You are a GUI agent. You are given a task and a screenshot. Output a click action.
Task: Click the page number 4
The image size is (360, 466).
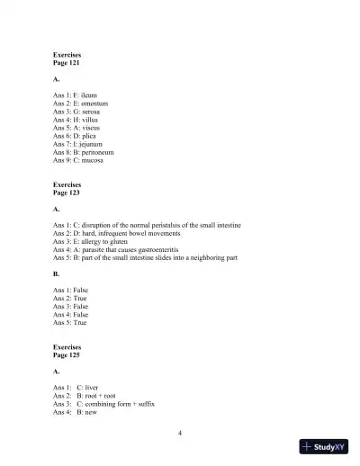181,434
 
